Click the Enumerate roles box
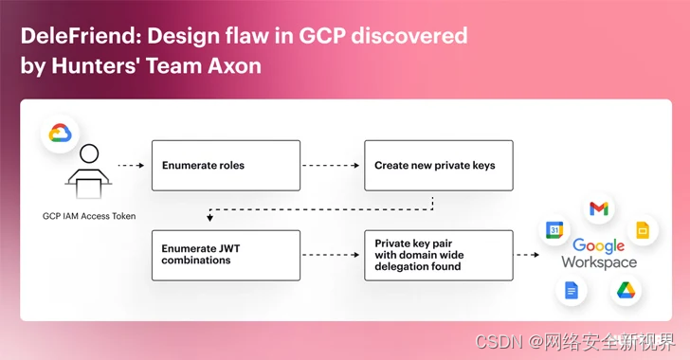coord(226,166)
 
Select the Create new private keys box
coord(439,166)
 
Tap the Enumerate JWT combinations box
coord(226,255)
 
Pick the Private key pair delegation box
coord(439,255)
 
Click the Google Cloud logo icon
coord(60,134)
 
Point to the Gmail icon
coord(599,208)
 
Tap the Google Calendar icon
coord(554,229)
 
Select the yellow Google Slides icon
coord(643,230)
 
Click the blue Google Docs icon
coord(572,291)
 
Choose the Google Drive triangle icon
coord(626,291)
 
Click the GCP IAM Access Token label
coord(89,216)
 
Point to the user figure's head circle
coord(89,153)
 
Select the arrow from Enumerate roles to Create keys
coord(331,166)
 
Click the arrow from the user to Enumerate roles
coord(131,166)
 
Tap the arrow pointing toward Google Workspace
coord(527,255)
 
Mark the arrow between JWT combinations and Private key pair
coord(331,255)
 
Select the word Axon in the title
coord(234,65)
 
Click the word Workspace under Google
coord(599,262)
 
